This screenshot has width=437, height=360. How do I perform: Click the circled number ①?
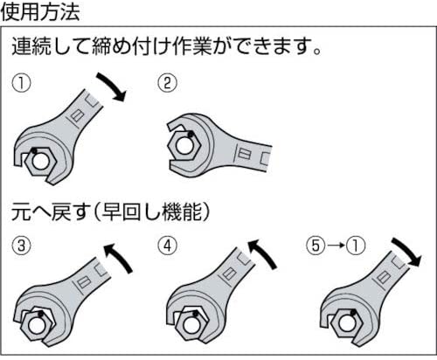pyautogui.click(x=20, y=84)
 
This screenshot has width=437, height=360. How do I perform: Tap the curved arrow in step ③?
pyautogui.click(x=115, y=258)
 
